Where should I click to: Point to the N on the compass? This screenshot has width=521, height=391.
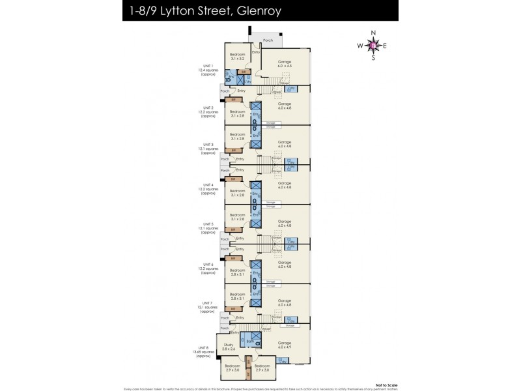click(x=373, y=33)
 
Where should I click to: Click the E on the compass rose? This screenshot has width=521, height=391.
click(x=386, y=46)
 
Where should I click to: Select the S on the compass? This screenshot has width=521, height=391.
click(x=373, y=58)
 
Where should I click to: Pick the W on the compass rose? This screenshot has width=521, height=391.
click(x=360, y=46)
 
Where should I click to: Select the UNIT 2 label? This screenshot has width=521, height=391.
click(x=208, y=108)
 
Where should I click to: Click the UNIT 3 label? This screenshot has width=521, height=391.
click(x=208, y=145)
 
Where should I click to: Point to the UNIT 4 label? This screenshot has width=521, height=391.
click(x=208, y=185)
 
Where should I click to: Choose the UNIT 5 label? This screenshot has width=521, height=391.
click(x=208, y=224)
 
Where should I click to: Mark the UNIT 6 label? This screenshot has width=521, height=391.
click(x=208, y=264)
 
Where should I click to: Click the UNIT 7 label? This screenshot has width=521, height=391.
click(x=208, y=303)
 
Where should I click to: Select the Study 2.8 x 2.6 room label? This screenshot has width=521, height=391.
click(x=229, y=347)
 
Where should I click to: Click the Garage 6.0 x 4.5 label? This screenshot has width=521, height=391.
click(x=285, y=63)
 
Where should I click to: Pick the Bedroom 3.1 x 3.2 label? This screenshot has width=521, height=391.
click(x=237, y=56)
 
